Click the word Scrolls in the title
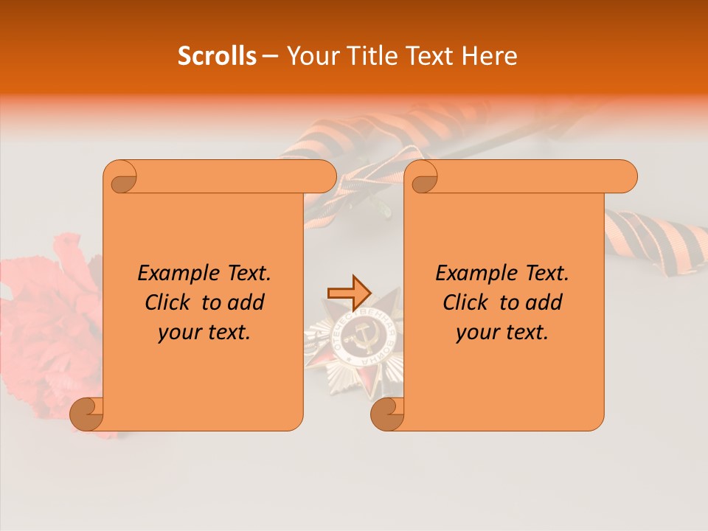click(217, 56)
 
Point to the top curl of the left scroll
click(122, 178)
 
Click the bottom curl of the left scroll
click(86, 414)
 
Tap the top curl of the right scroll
click(423, 178)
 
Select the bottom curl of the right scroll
click(387, 414)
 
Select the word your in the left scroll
click(177, 333)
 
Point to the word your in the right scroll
click(475, 333)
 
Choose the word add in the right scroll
click(545, 302)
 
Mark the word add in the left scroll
click(247, 302)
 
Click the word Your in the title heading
click(310, 56)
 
